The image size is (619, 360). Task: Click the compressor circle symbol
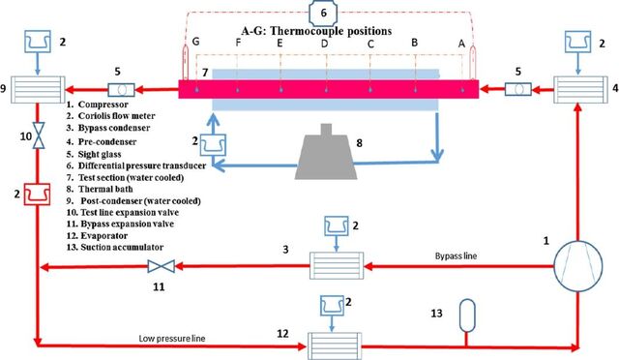(578, 266)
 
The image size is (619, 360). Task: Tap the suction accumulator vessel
(467, 315)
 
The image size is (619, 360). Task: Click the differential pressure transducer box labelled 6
(323, 13)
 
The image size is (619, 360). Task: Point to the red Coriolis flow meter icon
(37, 194)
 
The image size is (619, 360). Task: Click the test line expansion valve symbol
(39, 135)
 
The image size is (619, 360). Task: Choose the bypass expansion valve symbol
(162, 266)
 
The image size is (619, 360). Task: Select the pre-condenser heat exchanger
(580, 90)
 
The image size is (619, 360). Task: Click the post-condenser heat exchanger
(38, 90)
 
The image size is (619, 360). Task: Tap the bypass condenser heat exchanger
(337, 265)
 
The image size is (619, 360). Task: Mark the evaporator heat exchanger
(335, 346)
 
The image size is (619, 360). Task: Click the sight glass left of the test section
(121, 90)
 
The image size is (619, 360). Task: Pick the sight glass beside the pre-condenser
(518, 89)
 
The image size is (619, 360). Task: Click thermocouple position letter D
(325, 44)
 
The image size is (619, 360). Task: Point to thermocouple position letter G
(195, 42)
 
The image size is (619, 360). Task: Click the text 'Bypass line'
(456, 256)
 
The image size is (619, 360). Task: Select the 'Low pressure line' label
(172, 339)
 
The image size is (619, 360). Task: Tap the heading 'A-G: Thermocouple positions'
(316, 31)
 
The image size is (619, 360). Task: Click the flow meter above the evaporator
(332, 306)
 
